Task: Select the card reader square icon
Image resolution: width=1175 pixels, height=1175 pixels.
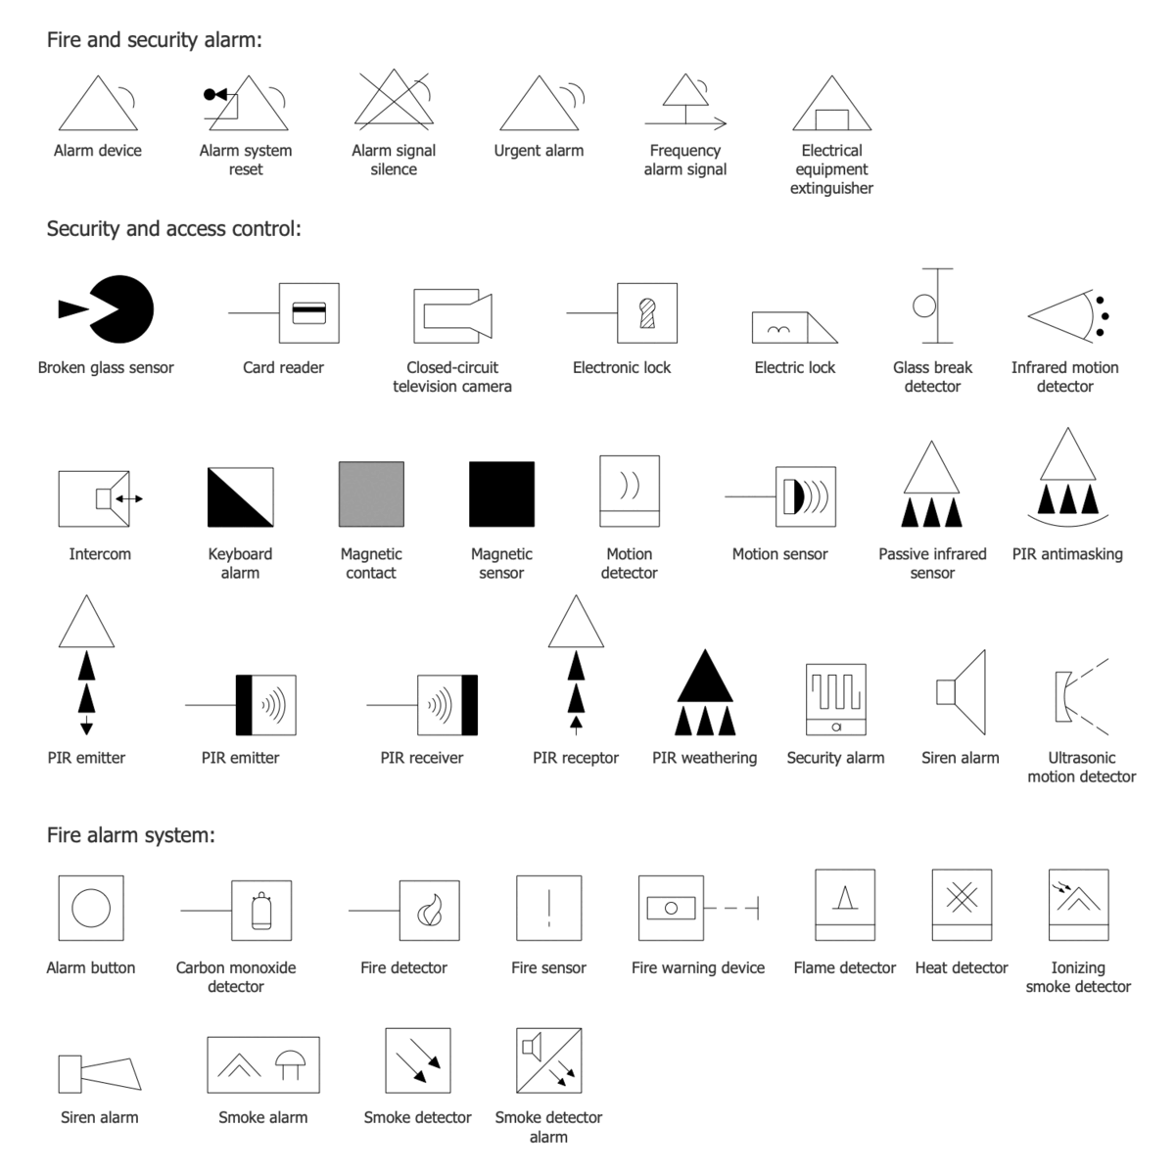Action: pyautogui.click(x=309, y=313)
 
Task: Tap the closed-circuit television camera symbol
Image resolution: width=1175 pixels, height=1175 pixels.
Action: pyautogui.click(x=452, y=314)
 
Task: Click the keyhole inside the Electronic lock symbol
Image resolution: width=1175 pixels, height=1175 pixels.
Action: pyautogui.click(x=646, y=312)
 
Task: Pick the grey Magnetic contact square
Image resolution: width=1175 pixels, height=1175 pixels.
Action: pyautogui.click(x=371, y=494)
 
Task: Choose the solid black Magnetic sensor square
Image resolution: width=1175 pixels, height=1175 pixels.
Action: pyautogui.click(x=501, y=494)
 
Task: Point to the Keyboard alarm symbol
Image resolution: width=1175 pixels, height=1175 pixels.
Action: pyautogui.click(x=240, y=497)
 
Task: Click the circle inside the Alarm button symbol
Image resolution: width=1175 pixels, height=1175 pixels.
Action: pyautogui.click(x=91, y=908)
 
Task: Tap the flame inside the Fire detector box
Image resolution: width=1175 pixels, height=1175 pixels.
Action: pyautogui.click(x=429, y=911)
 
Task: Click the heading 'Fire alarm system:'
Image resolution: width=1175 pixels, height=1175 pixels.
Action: pyautogui.click(x=130, y=835)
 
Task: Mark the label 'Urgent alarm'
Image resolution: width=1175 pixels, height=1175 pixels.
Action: pyautogui.click(x=539, y=151)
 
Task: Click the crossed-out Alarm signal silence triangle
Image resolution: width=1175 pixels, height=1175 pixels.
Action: pyautogui.click(x=393, y=101)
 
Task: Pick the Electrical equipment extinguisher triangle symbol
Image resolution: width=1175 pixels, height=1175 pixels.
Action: pyautogui.click(x=831, y=106)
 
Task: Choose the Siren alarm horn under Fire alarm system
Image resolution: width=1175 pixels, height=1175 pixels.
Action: pyautogui.click(x=99, y=1073)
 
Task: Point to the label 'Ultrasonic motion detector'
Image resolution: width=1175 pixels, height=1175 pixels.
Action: pyautogui.click(x=1081, y=767)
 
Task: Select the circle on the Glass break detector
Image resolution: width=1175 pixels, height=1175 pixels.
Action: pyautogui.click(x=923, y=305)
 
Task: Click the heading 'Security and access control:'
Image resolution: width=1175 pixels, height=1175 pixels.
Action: pyautogui.click(x=174, y=229)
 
